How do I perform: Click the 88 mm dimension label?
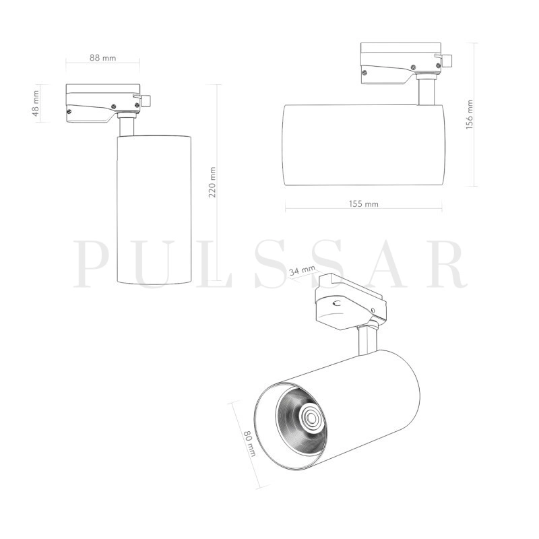[x=103, y=58]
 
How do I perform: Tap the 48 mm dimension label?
[x=36, y=103]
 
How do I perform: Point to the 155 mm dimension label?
[x=364, y=203]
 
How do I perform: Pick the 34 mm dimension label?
[x=301, y=272]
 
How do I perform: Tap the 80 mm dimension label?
[x=249, y=444]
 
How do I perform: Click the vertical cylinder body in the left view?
[x=154, y=209]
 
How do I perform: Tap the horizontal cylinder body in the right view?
[x=364, y=145]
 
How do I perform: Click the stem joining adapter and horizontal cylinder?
[x=424, y=92]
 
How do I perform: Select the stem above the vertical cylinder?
[x=127, y=127]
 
